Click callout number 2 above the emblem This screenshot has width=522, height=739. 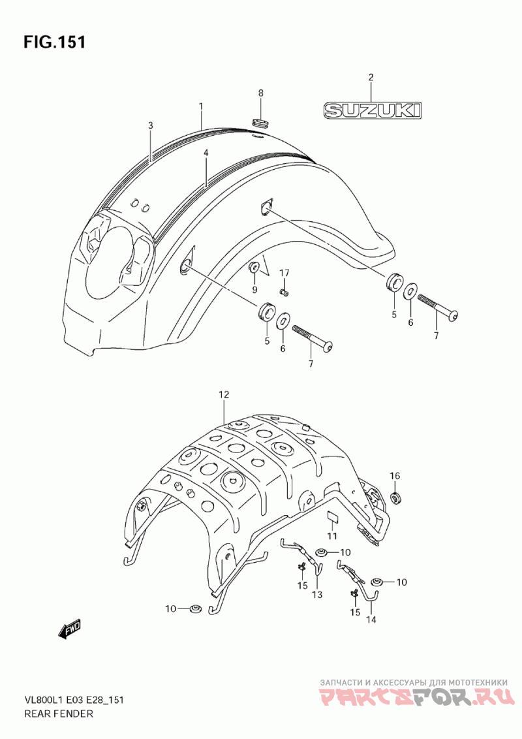(x=371, y=77)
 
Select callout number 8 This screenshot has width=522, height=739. (x=260, y=93)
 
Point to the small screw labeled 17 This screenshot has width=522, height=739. (x=284, y=293)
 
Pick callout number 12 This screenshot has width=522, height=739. (x=223, y=395)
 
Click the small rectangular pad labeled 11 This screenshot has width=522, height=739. (x=333, y=516)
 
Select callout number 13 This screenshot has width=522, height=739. (x=317, y=595)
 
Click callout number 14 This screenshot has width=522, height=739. (x=371, y=620)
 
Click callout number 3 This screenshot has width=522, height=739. (x=150, y=125)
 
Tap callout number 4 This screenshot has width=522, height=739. (x=206, y=153)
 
